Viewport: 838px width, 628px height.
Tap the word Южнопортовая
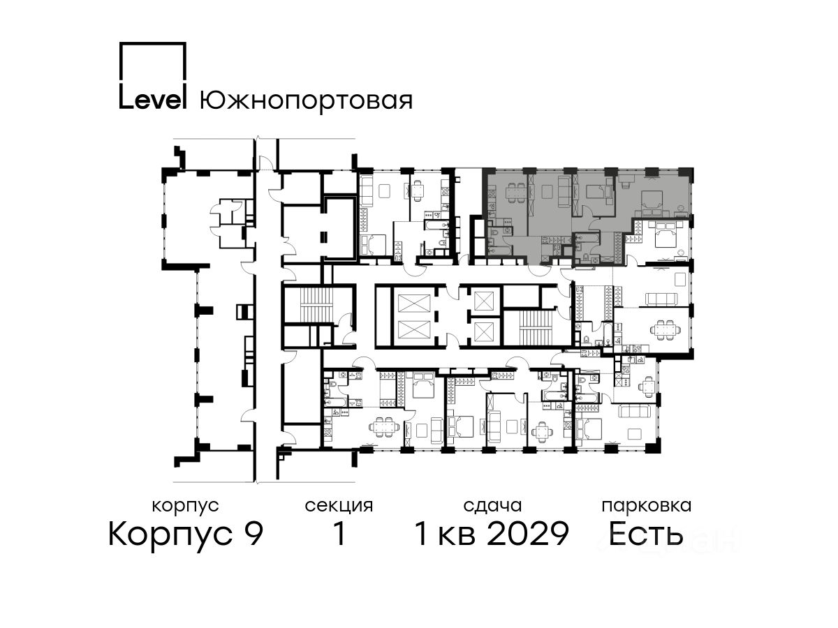[306, 100]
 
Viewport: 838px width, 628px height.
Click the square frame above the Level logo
[153, 61]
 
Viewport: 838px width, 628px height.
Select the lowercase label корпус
[185, 506]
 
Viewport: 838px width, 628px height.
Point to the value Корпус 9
[186, 534]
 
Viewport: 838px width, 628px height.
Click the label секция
[339, 506]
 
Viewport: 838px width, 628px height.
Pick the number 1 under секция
[339, 533]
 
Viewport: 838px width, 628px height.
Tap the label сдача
[492, 506]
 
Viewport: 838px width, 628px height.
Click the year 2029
[529, 534]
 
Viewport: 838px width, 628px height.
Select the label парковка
[647, 506]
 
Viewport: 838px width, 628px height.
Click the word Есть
[645, 534]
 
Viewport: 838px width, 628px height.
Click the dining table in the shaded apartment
[515, 193]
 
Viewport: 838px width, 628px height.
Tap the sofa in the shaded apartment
[562, 191]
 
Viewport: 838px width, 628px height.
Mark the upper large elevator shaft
[413, 305]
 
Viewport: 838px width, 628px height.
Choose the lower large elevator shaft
[413, 330]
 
